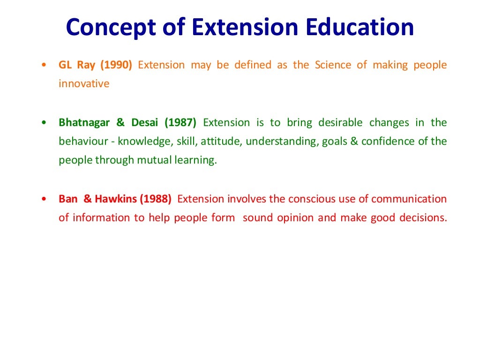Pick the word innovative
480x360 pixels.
pyautogui.click(x=84, y=84)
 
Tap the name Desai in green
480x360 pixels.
pyautogui.click(x=145, y=123)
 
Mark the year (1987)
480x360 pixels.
pyautogui.click(x=180, y=123)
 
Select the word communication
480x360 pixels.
pyautogui.click(x=409, y=199)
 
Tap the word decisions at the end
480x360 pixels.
pyautogui.click(x=421, y=218)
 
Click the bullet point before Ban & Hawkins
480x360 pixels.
pyautogui.click(x=44, y=199)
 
